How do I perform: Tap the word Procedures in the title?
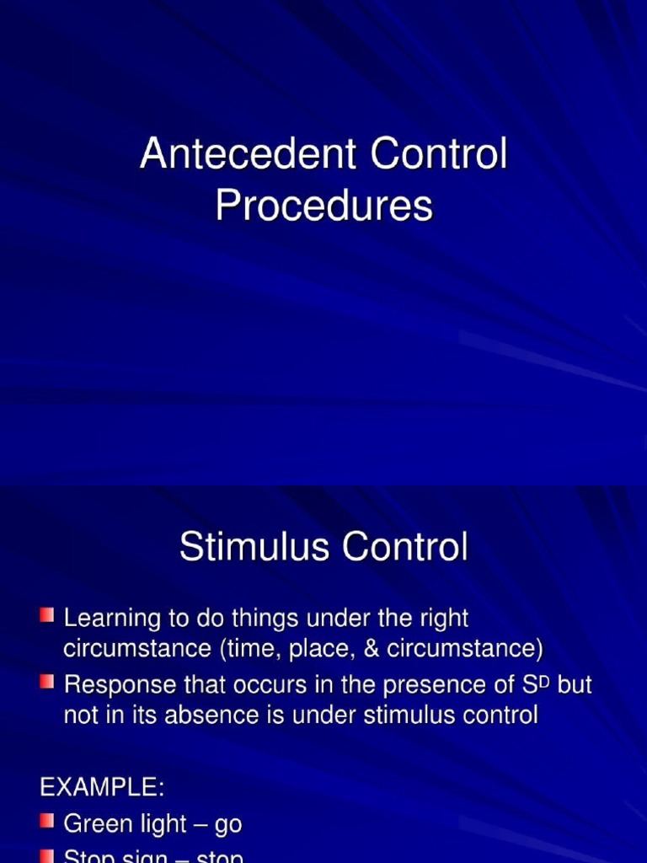324,206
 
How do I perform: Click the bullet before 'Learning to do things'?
47,615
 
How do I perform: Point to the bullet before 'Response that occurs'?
47,681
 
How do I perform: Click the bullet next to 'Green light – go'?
47,821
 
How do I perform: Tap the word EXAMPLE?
102,788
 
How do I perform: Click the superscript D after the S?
543,680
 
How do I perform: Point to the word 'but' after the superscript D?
575,685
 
